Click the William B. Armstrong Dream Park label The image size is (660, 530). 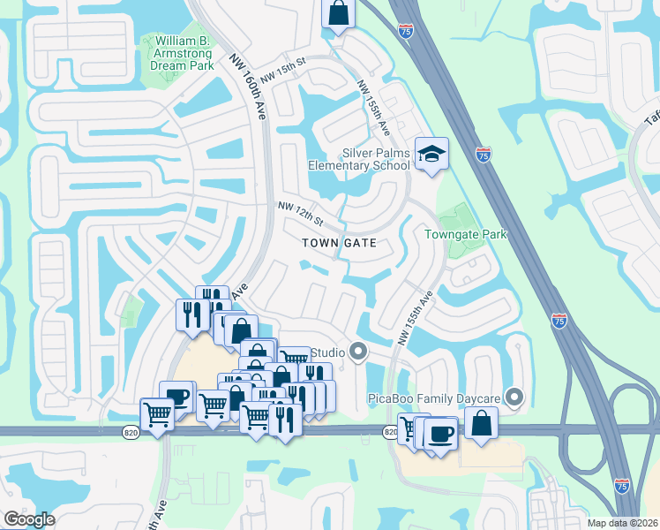[182, 53]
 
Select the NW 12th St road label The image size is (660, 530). [301, 212]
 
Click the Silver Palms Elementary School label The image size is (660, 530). [359, 159]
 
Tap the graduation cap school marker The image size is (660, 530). [431, 155]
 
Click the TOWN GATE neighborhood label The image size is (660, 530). [340, 242]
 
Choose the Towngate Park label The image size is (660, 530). [466, 234]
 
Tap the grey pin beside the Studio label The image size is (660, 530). [358, 352]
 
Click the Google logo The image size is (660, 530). [29, 519]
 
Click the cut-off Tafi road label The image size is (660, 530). [652, 117]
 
